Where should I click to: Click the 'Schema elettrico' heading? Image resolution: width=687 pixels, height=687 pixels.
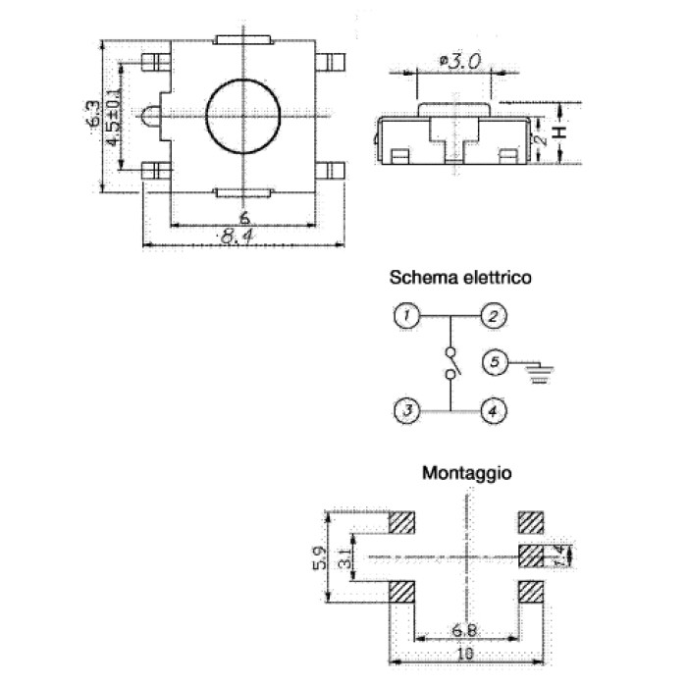[460, 278]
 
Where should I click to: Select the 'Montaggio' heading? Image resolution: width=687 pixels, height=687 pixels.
[466, 474]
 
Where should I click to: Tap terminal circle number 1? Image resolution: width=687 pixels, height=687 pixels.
[407, 315]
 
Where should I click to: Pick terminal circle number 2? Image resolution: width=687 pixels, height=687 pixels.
[494, 316]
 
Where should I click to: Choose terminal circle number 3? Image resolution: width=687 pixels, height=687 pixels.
[407, 411]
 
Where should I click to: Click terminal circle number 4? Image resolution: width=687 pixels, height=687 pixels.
[494, 411]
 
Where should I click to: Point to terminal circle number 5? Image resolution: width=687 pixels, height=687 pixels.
[495, 362]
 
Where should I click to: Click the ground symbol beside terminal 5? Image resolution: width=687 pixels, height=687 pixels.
[540, 373]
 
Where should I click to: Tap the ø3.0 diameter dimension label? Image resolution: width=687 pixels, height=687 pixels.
[461, 62]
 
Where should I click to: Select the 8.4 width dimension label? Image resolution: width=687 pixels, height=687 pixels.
[238, 238]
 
